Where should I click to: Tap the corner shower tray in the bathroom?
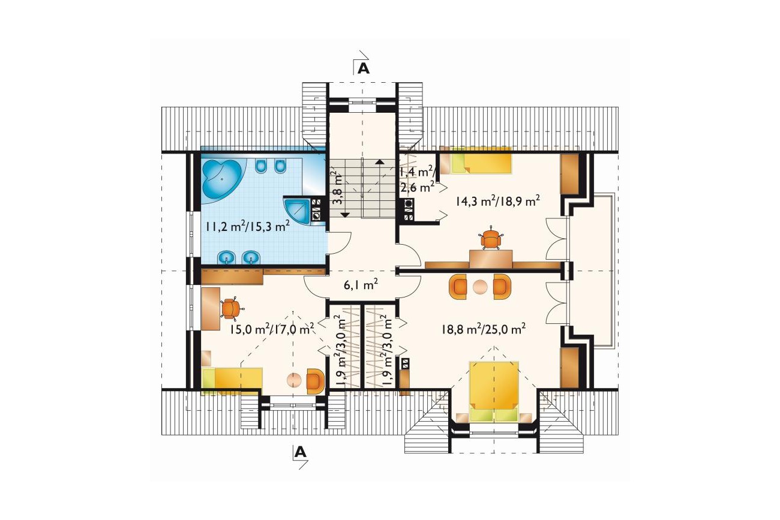(297, 211)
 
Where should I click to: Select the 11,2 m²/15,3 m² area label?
(248, 227)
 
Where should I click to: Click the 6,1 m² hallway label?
(361, 285)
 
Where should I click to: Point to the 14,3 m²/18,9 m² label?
(498, 201)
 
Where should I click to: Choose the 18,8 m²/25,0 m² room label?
(484, 329)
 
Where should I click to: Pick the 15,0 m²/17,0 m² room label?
(272, 329)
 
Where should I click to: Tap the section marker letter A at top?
(364, 69)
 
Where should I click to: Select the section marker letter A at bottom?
(300, 452)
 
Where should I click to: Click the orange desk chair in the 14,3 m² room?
(490, 239)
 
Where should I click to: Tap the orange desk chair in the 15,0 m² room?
(230, 309)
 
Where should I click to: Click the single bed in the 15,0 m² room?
(232, 381)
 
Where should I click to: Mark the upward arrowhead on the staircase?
(380, 161)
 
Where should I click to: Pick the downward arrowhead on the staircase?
(345, 215)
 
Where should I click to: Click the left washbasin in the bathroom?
(227, 258)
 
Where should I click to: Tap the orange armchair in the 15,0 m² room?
(316, 381)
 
